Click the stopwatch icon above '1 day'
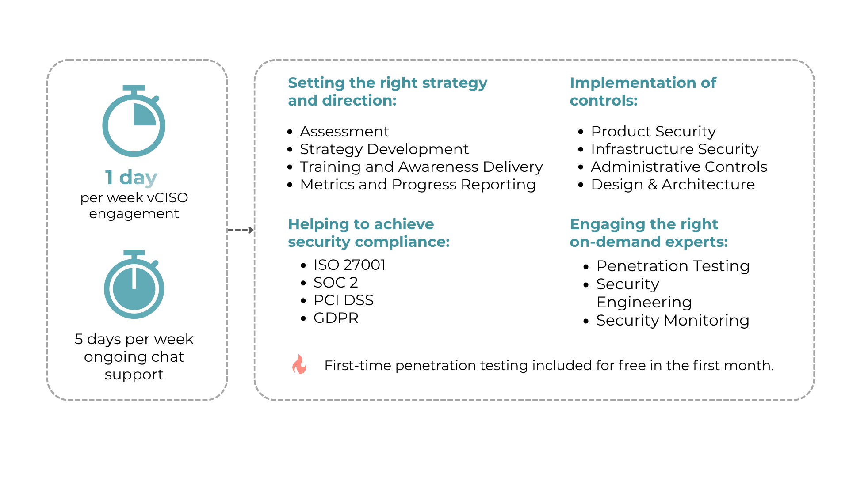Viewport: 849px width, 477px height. click(x=134, y=121)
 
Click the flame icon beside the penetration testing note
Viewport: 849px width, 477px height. click(x=299, y=365)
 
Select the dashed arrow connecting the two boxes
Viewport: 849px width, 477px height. click(x=241, y=230)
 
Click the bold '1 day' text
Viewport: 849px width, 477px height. click(x=131, y=178)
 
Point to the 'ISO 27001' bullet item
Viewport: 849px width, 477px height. click(x=349, y=265)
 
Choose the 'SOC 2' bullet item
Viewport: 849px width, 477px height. click(x=336, y=283)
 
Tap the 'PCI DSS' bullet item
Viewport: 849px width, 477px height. click(x=344, y=300)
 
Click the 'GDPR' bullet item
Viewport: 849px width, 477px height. click(x=336, y=318)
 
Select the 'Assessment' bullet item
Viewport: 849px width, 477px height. click(x=344, y=132)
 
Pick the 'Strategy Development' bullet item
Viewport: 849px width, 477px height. click(x=384, y=149)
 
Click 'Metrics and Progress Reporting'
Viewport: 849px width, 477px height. click(x=418, y=185)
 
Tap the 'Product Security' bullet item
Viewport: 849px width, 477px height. click(x=653, y=132)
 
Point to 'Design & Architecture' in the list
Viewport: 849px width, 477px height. click(x=673, y=185)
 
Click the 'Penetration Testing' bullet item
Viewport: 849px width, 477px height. click(x=673, y=266)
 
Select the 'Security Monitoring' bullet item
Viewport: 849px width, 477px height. click(x=673, y=321)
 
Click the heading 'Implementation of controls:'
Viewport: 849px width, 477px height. click(x=642, y=91)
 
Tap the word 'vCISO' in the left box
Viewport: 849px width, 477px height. click(x=168, y=198)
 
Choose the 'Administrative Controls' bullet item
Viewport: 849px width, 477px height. click(x=679, y=167)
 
